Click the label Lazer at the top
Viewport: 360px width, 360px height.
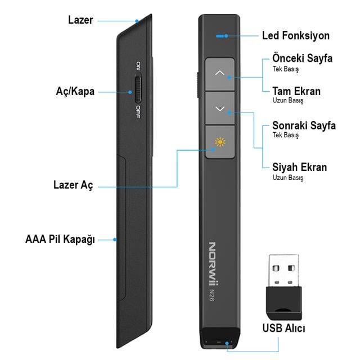tap(82, 20)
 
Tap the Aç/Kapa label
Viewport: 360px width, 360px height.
tap(75, 91)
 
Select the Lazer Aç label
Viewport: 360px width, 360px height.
tap(73, 184)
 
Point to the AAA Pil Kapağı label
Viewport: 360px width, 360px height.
tap(61, 239)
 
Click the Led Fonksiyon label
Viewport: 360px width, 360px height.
tap(296, 35)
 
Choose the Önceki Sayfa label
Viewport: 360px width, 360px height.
tap(302, 58)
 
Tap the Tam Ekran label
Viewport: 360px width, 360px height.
tap(296, 91)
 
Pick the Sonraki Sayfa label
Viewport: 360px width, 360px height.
tap(304, 125)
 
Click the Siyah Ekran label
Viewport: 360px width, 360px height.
tap(299, 167)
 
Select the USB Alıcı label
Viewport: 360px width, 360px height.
tap(283, 327)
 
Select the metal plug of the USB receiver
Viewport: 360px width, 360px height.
tap(283, 269)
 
